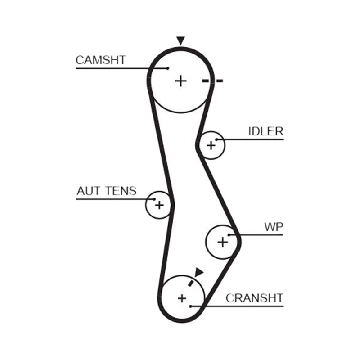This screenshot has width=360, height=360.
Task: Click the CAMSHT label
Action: coord(100,60)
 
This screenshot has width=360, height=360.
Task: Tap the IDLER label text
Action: coord(266,131)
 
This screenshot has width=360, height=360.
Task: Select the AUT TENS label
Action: coord(107,191)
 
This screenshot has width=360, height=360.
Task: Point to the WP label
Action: coord(274,227)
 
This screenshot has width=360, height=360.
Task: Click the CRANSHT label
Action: coord(254,298)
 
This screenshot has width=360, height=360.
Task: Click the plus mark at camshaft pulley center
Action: coord(181,81)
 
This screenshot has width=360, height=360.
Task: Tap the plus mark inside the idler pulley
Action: coord(211,145)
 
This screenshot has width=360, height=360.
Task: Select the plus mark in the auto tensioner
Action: coord(159,205)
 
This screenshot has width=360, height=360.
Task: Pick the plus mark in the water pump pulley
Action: coord(222,242)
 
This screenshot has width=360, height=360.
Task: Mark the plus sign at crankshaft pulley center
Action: coord(182,298)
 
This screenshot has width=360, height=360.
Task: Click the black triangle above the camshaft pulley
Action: coord(181,40)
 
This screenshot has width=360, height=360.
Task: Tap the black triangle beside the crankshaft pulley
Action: coord(199,272)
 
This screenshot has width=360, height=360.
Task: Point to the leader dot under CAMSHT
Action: coord(168,68)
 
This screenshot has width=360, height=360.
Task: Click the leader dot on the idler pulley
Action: coord(216,139)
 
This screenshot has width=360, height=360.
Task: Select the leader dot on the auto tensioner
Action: coord(154,199)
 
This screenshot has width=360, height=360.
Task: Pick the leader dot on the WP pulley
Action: coord(229,235)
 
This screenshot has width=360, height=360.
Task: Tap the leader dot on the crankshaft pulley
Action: coord(190,306)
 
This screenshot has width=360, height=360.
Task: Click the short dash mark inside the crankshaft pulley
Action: coord(190,283)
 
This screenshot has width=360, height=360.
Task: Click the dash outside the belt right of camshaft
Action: coord(219,81)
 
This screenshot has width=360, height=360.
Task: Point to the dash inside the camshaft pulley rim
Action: coord(206,81)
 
